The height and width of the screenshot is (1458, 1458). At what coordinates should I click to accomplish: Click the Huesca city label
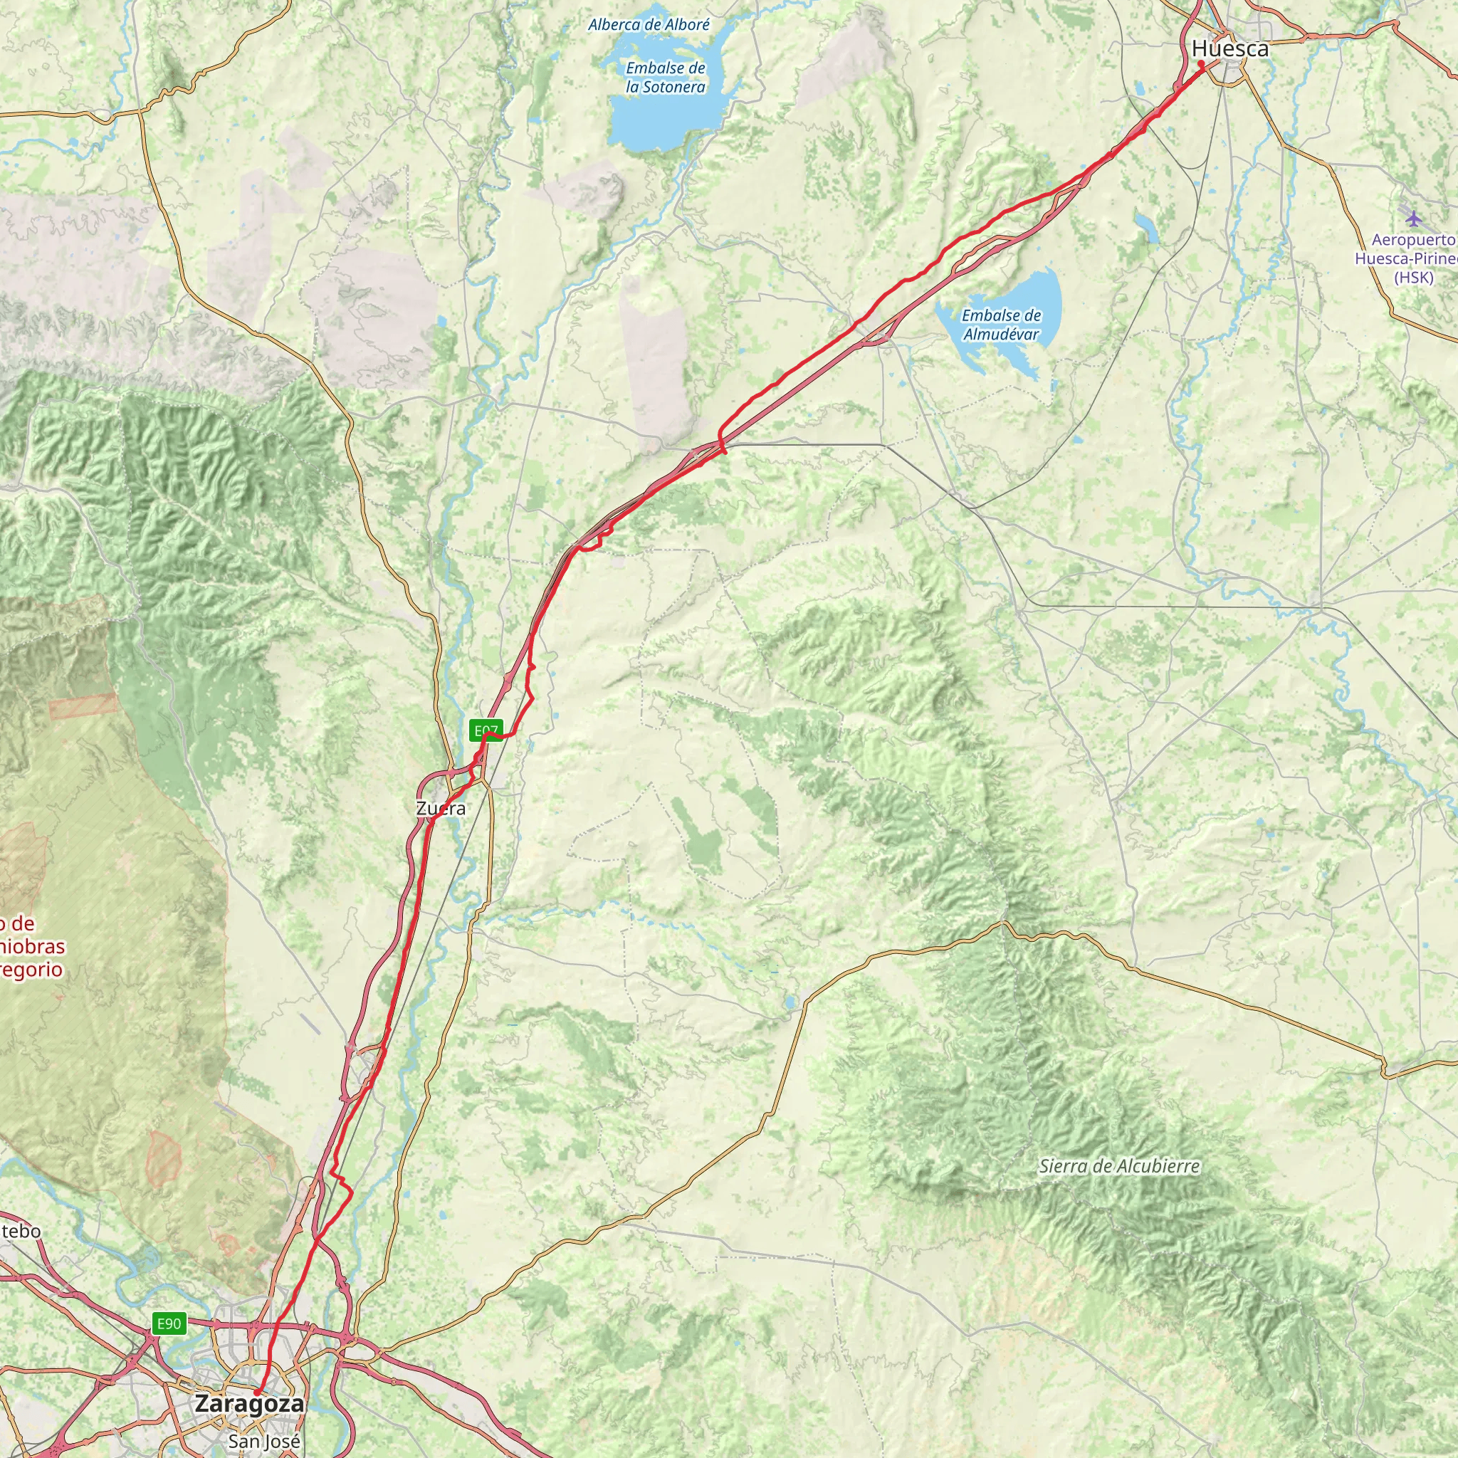click(1230, 49)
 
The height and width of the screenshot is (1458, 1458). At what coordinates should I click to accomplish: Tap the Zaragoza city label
click(250, 1404)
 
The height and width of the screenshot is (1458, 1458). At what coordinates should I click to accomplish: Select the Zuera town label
click(441, 808)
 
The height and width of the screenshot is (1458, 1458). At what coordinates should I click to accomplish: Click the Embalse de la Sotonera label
click(665, 78)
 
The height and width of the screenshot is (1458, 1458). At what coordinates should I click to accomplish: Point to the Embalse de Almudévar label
click(1001, 325)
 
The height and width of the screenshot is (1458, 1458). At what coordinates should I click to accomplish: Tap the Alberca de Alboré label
click(649, 25)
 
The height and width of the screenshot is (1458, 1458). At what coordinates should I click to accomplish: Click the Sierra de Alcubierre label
click(1118, 1166)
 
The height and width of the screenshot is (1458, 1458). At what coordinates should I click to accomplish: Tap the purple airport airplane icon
click(1412, 218)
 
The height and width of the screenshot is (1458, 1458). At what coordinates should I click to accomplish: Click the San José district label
click(264, 1442)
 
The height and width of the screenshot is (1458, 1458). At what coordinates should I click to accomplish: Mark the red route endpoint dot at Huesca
click(1201, 64)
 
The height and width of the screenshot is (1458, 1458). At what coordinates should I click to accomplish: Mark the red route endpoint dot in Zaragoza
click(256, 1393)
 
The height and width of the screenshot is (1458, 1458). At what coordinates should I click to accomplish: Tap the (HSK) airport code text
click(1412, 278)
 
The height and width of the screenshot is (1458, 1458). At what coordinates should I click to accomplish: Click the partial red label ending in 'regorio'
click(30, 970)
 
